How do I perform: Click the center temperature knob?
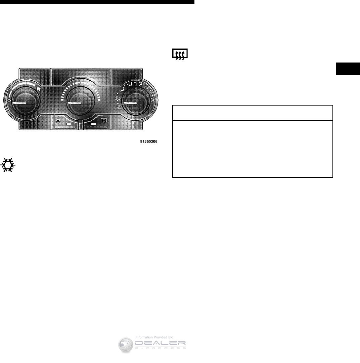click(81, 101)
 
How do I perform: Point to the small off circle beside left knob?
click(9, 100)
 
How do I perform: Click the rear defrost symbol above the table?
click(180, 54)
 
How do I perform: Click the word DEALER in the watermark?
click(160, 343)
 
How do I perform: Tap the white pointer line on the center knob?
click(75, 103)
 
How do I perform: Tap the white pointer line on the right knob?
click(130, 103)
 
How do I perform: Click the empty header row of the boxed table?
click(252, 113)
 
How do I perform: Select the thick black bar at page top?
click(97, 2)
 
